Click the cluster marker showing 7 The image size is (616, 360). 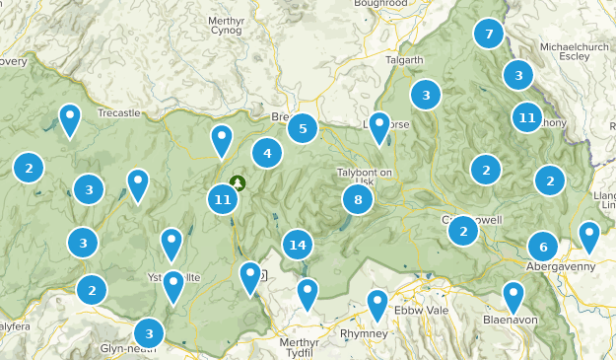(x=488, y=35)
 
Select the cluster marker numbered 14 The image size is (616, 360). (x=297, y=246)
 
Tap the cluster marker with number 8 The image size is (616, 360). (x=358, y=200)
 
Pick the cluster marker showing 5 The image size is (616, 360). (x=303, y=128)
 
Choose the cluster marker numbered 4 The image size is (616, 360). (x=266, y=153)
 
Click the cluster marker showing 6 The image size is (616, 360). (x=542, y=247)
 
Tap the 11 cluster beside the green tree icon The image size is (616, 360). (x=223, y=200)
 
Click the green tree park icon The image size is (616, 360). (x=238, y=183)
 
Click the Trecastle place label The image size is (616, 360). (x=119, y=113)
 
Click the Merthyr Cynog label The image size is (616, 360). (x=232, y=25)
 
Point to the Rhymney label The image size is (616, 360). (x=378, y=333)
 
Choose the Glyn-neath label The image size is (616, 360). (x=122, y=348)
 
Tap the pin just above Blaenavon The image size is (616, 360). (x=513, y=297)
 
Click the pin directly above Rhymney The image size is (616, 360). (x=377, y=305)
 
